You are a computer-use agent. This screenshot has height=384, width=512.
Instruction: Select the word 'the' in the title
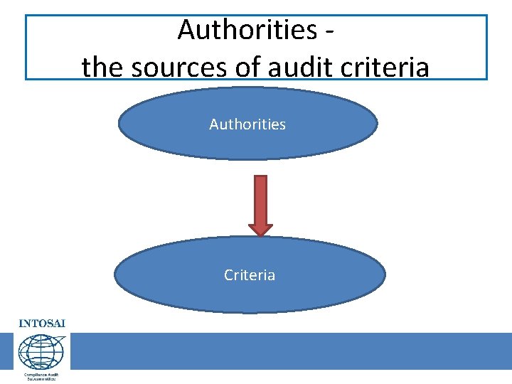pyautogui.click(x=102, y=68)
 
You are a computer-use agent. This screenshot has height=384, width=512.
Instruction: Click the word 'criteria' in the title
pyautogui.click(x=385, y=68)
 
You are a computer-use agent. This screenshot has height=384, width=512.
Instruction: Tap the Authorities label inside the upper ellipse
pyautogui.click(x=247, y=124)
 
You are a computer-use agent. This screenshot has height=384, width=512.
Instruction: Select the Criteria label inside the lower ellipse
pyautogui.click(x=250, y=275)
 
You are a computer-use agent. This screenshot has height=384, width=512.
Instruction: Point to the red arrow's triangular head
pyautogui.click(x=260, y=229)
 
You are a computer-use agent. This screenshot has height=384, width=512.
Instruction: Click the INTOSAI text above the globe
pyautogui.click(x=41, y=323)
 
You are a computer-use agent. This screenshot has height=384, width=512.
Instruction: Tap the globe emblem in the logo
pyautogui.click(x=41, y=351)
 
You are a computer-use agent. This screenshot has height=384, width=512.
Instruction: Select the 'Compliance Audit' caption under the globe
pyautogui.click(x=41, y=374)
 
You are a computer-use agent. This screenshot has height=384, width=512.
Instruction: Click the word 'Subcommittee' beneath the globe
pyautogui.click(x=41, y=379)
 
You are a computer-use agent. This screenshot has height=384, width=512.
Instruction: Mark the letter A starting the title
pyautogui.click(x=187, y=30)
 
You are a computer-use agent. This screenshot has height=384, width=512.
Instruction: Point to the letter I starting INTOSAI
pyautogui.click(x=21, y=323)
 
